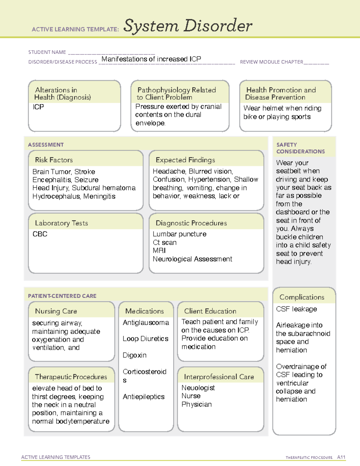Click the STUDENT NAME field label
tap(47, 52)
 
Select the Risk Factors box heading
tap(54, 160)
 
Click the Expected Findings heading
tap(185, 160)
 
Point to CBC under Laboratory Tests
tap(40, 234)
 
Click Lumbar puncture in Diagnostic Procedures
tap(179, 234)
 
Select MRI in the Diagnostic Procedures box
tap(159, 251)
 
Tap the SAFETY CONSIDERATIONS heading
tap(300, 148)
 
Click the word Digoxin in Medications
tap(134, 355)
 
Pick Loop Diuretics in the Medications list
tap(145, 339)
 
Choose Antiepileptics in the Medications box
tap(143, 397)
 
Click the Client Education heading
tap(210, 311)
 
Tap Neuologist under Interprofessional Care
tap(198, 388)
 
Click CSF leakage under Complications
tap(296, 309)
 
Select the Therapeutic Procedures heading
tap(71, 377)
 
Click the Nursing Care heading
tap(56, 311)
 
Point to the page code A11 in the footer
tap(341, 457)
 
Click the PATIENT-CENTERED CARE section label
tap(62, 296)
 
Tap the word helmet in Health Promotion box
tap(273, 108)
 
